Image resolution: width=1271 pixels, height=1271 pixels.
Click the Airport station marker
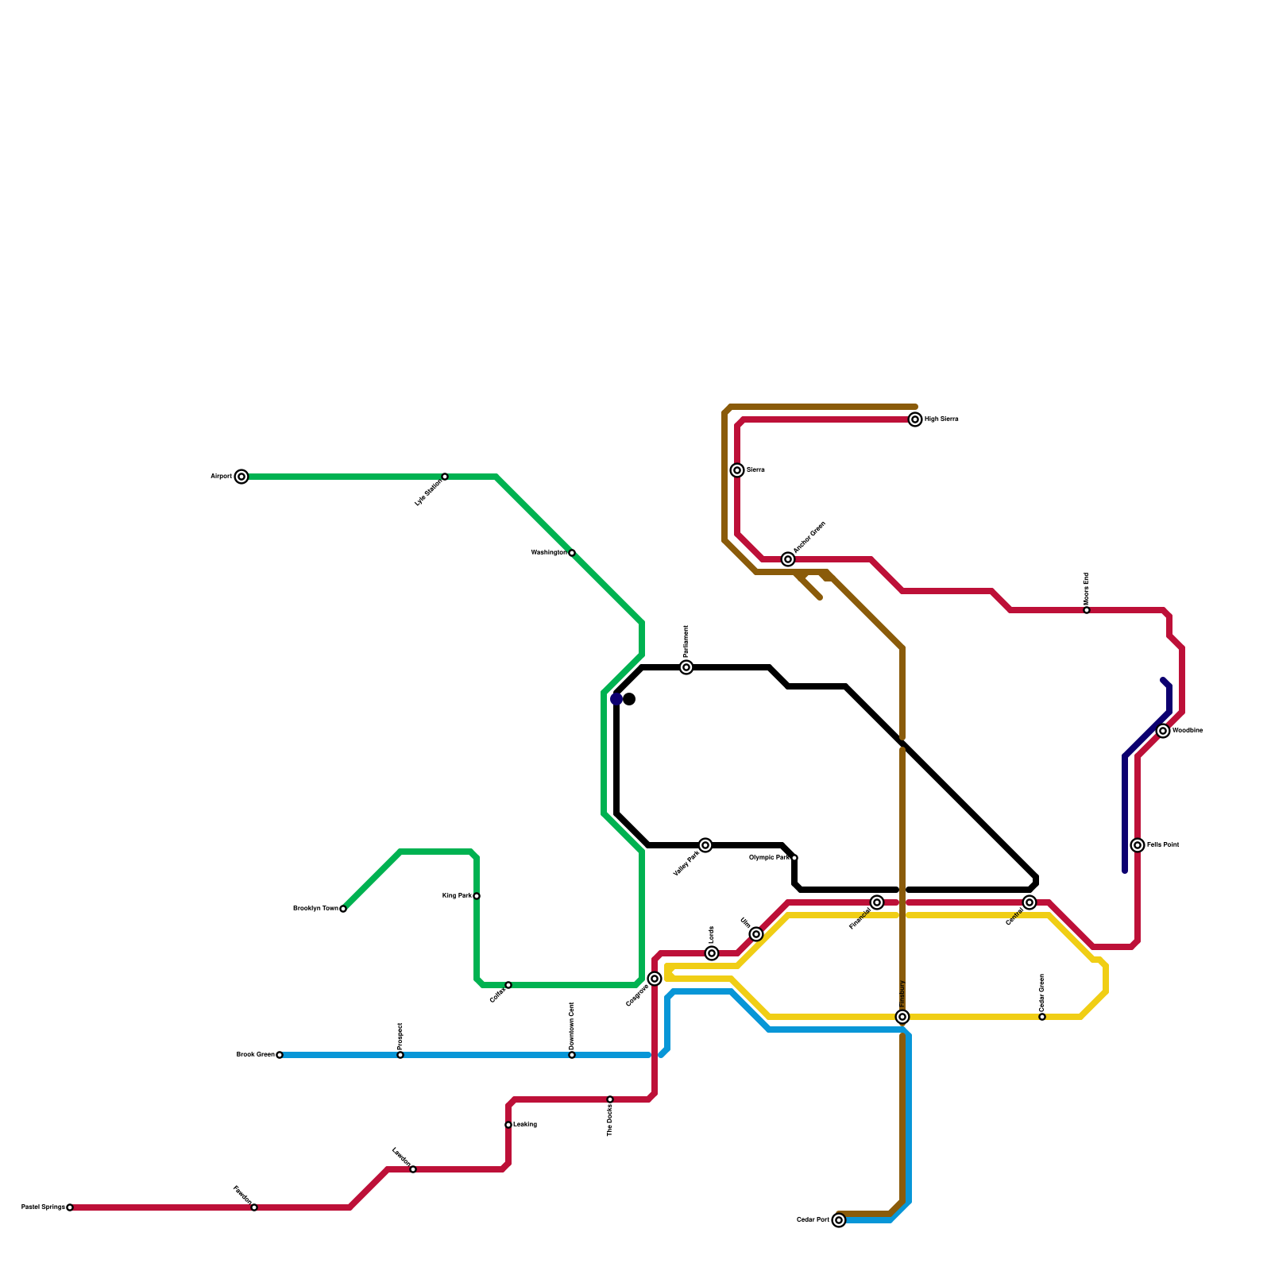pos(241,477)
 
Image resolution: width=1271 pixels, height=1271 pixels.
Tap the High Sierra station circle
pos(915,419)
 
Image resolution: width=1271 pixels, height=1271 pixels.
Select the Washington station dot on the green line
pos(572,553)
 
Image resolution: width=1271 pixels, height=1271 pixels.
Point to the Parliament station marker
pos(686,667)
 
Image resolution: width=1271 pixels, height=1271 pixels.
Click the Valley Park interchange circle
pos(705,845)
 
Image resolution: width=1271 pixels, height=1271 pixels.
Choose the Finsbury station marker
pos(902,1017)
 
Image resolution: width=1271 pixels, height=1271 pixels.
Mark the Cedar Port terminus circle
pos(839,1220)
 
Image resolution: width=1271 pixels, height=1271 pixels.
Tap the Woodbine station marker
pos(1163,731)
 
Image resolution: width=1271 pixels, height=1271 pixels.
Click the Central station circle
pos(1030,902)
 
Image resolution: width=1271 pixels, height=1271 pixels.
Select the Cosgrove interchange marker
pos(655,979)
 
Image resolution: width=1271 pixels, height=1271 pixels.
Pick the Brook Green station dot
pos(280,1055)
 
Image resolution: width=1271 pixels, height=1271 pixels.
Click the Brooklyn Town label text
pos(315,909)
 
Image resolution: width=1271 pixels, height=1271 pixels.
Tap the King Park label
pos(457,896)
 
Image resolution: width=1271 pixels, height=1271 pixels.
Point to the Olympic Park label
pos(769,858)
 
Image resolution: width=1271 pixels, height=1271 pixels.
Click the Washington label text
pos(548,553)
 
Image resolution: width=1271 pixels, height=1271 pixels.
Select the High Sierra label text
pos(941,419)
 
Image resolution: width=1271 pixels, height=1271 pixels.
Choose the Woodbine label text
pos(1188,731)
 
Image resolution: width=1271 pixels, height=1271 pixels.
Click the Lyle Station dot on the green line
pos(445,477)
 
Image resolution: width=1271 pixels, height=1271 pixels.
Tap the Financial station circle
pos(877,902)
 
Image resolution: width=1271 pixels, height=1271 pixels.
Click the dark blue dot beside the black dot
pos(616,699)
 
